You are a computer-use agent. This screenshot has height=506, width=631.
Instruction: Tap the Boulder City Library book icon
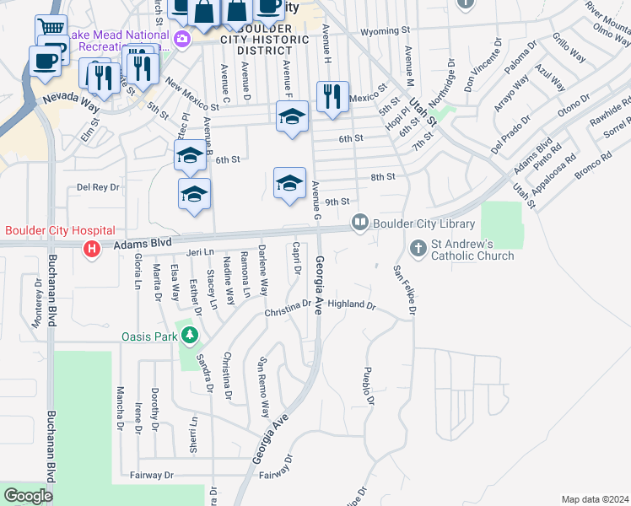point(360,223)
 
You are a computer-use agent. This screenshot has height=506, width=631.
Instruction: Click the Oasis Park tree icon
point(191,336)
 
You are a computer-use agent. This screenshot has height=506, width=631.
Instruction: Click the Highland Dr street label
point(351,304)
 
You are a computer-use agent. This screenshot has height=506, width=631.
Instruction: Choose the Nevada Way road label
point(72,100)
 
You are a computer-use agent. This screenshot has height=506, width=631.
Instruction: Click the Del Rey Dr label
point(98,186)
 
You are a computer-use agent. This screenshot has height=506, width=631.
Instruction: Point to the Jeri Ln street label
point(200,251)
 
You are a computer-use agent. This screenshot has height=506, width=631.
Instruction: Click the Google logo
point(28,496)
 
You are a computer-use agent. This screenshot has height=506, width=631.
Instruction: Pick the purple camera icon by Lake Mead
point(181,39)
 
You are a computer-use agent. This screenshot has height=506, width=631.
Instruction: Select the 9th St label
point(337,202)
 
